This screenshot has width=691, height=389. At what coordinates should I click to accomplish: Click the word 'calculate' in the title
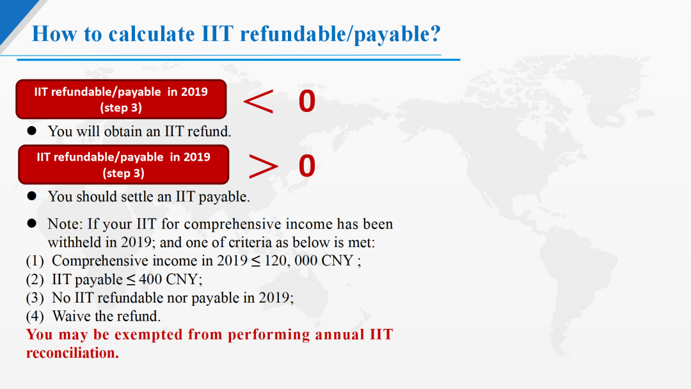pos(151,34)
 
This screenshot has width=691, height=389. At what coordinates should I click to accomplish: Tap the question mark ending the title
pos(436,33)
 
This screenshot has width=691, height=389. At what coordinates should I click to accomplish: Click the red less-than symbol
pos(258,101)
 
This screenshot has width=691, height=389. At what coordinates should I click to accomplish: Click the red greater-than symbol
pos(263,166)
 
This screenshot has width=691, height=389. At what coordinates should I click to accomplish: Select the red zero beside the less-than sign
pos(307,101)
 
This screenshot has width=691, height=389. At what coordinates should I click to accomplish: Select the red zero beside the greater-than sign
pos(307,166)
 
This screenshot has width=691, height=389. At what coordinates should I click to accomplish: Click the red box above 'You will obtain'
pos(121,99)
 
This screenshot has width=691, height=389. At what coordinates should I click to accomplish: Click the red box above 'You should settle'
pos(124,164)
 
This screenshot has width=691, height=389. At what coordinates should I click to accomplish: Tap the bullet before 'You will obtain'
pos(32,131)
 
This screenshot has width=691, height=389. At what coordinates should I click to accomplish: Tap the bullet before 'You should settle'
pos(32,196)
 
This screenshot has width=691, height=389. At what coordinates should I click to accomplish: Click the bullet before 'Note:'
pos(32,223)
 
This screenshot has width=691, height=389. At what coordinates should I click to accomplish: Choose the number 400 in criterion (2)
pos(150,280)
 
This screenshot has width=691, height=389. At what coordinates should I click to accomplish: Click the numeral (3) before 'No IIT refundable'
pos(35,298)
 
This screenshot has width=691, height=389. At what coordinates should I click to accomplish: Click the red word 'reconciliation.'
pos(73,353)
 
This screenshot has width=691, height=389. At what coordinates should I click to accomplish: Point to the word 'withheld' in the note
pos(68,242)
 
